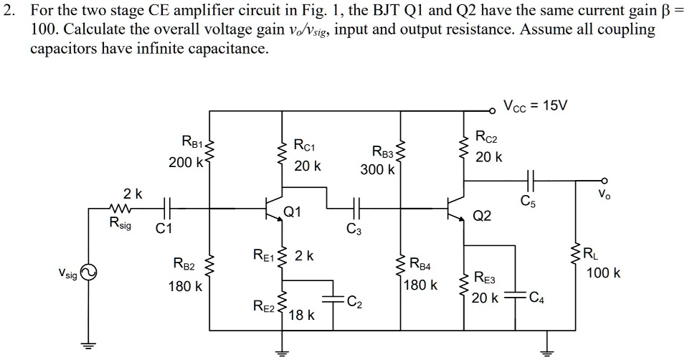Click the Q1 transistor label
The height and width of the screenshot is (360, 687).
pyautogui.click(x=293, y=212)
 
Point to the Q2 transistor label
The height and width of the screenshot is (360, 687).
pyautogui.click(x=482, y=216)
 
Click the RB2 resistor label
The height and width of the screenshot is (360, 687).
pyautogui.click(x=184, y=265)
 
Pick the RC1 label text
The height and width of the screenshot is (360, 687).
pyautogui.click(x=308, y=146)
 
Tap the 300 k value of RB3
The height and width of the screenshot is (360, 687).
pyautogui.click(x=377, y=171)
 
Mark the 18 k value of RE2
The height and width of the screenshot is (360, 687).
pyautogui.click(x=301, y=315)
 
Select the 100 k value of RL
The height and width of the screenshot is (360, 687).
pyautogui.click(x=603, y=273)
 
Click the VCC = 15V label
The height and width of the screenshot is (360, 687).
pyautogui.click(x=535, y=105)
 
